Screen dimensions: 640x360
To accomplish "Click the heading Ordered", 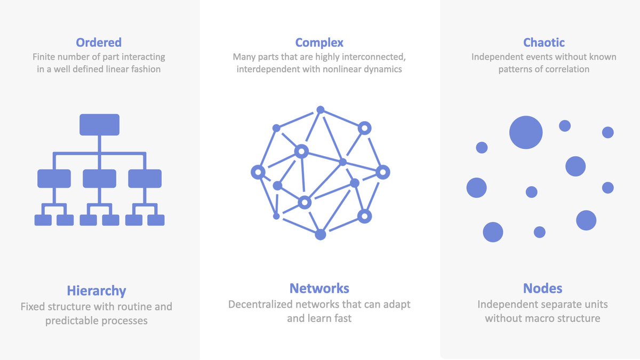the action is [x=99, y=43].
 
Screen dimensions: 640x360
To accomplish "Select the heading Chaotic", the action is [x=543, y=43].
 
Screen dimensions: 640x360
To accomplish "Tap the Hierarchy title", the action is [x=97, y=291].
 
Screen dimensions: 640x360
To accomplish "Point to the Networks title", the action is [x=319, y=289].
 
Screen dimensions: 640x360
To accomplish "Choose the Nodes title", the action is [x=542, y=289].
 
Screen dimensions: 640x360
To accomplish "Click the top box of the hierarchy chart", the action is [x=99, y=125].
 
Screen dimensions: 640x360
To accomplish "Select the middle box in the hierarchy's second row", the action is [x=99, y=179].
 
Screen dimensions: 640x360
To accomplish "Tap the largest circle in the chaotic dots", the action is [x=526, y=132].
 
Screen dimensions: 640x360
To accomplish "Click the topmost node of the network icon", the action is [x=321, y=110].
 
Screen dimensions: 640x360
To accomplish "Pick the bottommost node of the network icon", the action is [x=321, y=235].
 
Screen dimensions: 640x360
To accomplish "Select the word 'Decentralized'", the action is [x=260, y=305].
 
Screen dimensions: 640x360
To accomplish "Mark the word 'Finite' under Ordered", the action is [x=43, y=57].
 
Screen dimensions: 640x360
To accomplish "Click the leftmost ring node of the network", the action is [x=258, y=172].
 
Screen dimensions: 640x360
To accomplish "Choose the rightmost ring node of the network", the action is [x=383, y=172].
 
